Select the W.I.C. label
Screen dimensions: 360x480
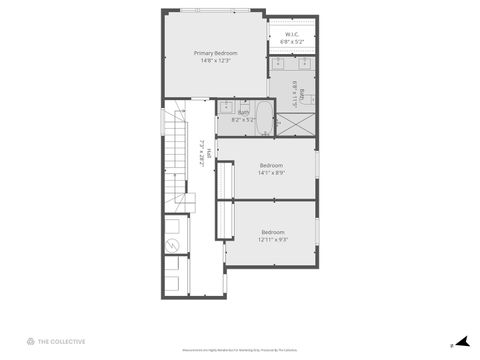(293, 34)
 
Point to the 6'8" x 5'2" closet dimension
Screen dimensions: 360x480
(293, 42)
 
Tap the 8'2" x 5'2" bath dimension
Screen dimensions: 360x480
(243, 120)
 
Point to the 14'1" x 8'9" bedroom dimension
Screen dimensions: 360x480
(271, 173)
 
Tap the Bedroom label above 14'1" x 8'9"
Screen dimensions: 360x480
(271, 165)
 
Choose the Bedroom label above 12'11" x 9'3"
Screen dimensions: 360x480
(273, 232)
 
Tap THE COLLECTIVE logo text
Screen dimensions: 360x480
(62, 342)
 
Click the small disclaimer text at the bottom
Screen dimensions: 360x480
(239, 350)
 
